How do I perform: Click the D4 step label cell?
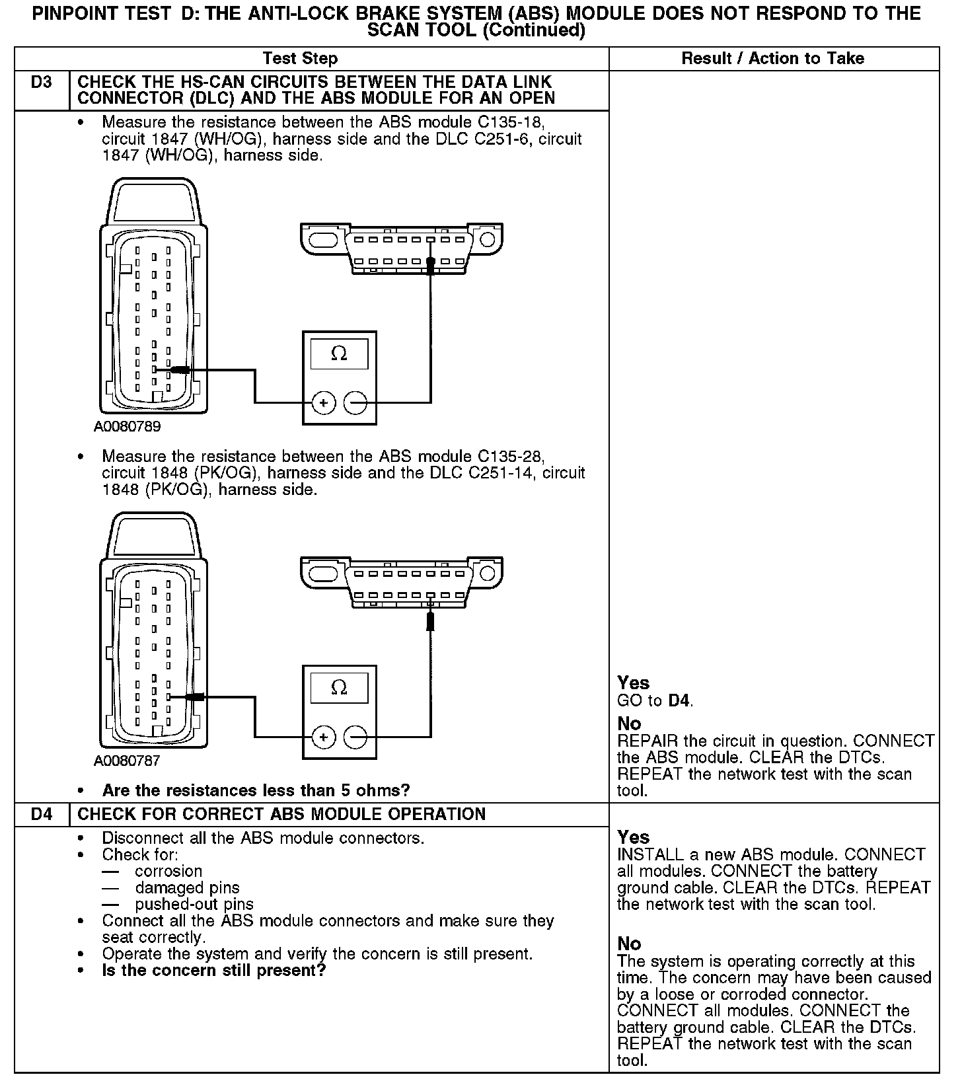(x=41, y=813)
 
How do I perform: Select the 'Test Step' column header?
(x=300, y=58)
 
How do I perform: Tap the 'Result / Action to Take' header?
(x=772, y=58)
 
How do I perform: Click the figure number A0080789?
(x=127, y=427)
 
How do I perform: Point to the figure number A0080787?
(x=127, y=761)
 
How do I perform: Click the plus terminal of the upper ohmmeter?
(x=323, y=402)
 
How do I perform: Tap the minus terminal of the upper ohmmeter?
(x=355, y=402)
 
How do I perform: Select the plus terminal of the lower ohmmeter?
(x=323, y=737)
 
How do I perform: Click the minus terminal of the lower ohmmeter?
(x=355, y=737)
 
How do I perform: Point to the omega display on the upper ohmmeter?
(x=339, y=354)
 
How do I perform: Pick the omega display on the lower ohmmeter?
(x=339, y=689)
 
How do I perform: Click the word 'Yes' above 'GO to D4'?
(x=633, y=683)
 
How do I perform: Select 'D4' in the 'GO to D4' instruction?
(x=680, y=700)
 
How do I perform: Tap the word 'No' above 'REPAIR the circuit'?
(x=629, y=724)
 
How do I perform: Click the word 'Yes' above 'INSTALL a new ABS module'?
(x=633, y=837)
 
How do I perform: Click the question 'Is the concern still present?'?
(x=214, y=971)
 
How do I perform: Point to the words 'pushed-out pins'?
(x=194, y=905)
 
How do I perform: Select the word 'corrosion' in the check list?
(x=168, y=872)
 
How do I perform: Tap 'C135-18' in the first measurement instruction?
(x=511, y=123)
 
